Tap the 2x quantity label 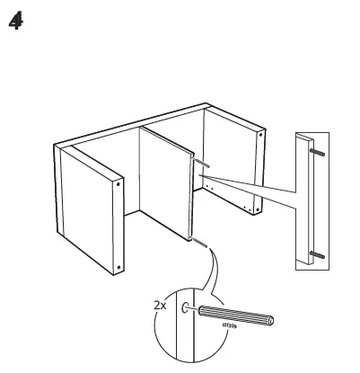tap(160, 306)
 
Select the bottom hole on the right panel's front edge tap(261, 209)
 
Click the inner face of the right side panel tap(229, 162)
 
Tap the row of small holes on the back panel tap(224, 196)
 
